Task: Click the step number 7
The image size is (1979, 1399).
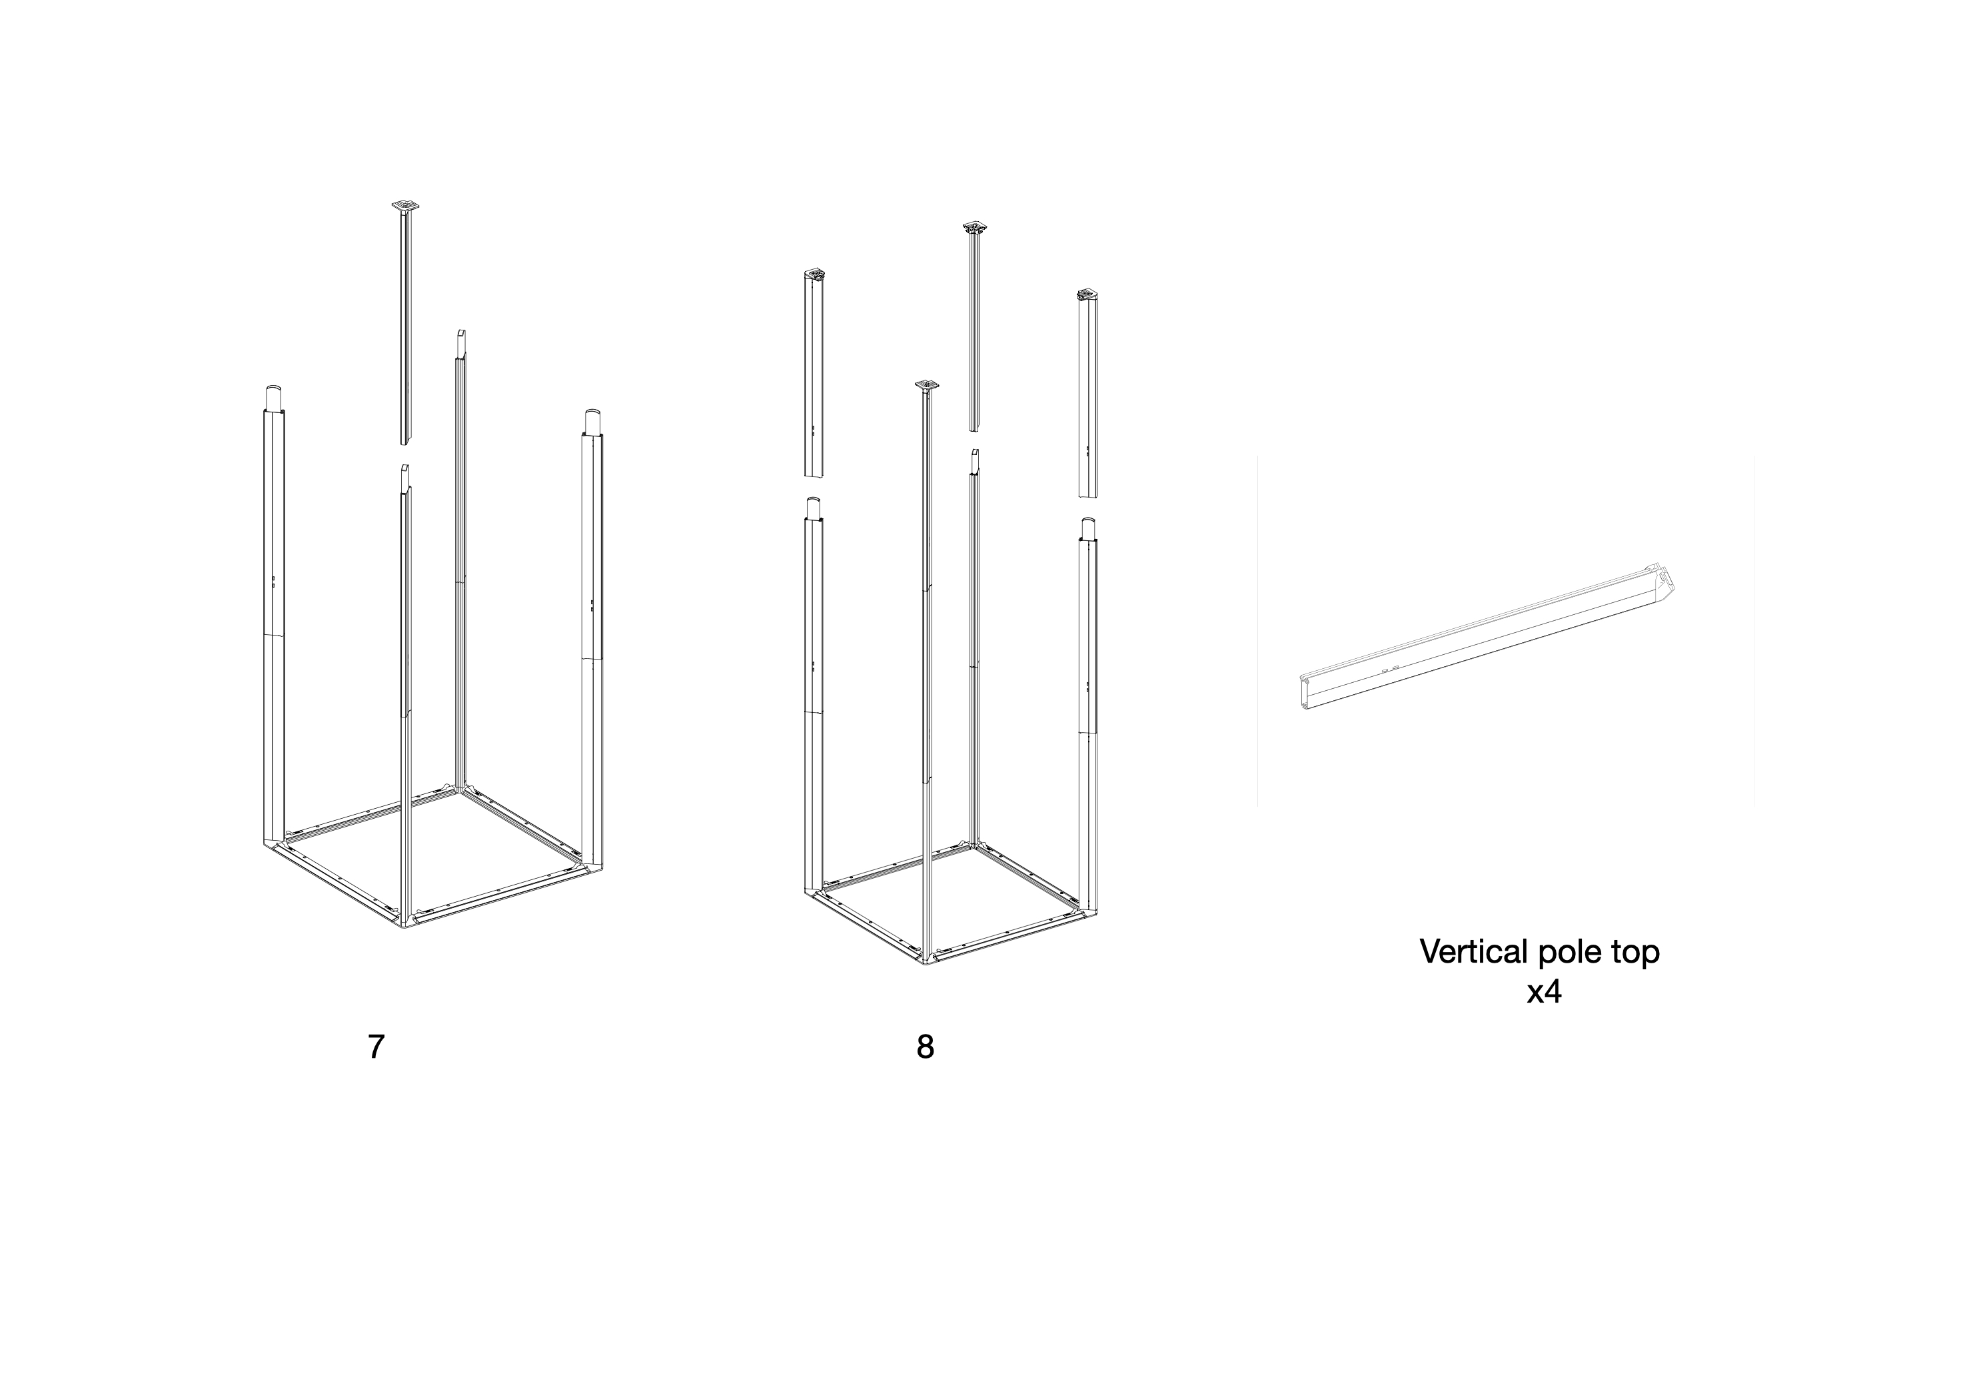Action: [x=376, y=1047]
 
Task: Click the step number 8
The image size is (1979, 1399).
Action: [x=925, y=1047]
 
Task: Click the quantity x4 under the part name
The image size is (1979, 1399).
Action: [x=1544, y=993]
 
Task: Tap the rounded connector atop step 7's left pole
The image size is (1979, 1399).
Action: [x=273, y=398]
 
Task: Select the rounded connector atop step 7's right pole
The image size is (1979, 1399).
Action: [x=592, y=422]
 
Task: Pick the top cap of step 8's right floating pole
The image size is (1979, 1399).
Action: [x=1089, y=296]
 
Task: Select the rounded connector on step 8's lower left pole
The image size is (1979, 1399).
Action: [x=813, y=508]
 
